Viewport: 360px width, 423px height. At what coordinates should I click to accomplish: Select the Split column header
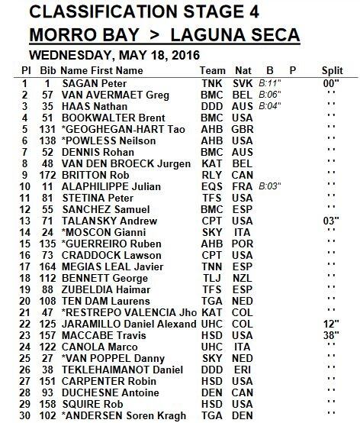tap(333, 69)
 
